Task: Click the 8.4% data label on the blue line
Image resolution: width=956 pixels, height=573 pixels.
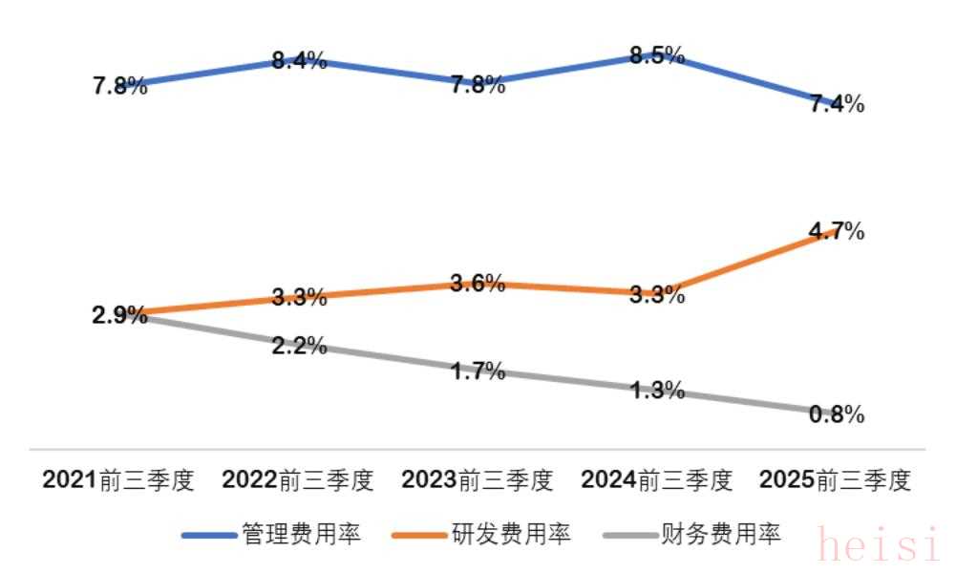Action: [299, 62]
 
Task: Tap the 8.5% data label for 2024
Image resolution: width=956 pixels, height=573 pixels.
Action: [657, 55]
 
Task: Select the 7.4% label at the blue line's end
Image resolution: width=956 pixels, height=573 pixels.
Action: [837, 105]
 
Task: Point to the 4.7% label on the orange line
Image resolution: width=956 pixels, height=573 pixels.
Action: [837, 231]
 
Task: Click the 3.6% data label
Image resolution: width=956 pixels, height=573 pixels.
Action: [478, 283]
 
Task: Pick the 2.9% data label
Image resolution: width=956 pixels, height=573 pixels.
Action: [119, 315]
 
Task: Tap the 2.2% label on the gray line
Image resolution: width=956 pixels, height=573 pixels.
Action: [299, 346]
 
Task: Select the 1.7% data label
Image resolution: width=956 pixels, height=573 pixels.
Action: [478, 371]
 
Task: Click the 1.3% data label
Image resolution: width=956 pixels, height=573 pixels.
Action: [657, 390]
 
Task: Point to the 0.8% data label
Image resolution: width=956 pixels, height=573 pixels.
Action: [837, 414]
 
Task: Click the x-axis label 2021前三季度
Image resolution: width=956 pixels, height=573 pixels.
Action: [118, 480]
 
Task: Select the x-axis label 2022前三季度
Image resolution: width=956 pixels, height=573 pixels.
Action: [298, 480]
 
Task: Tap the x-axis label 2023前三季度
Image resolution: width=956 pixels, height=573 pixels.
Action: [478, 480]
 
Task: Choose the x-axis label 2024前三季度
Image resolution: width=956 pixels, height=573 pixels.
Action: [657, 480]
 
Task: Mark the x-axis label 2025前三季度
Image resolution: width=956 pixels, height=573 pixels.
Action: [836, 480]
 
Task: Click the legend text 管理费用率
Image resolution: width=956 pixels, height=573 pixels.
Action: [302, 535]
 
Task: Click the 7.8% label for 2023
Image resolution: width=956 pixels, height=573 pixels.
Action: [478, 85]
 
